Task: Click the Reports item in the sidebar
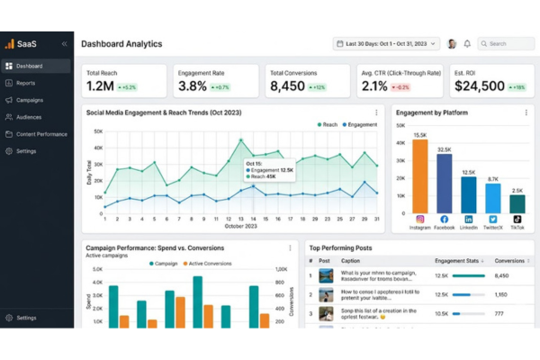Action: [25, 83]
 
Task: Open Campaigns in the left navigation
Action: [29, 100]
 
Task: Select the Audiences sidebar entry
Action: [29, 117]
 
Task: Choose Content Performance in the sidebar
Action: [40, 134]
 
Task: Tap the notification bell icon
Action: [467, 43]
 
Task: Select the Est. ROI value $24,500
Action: [478, 86]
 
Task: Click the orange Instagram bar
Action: [419, 176]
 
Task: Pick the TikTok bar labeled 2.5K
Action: [517, 205]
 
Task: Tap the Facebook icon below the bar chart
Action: [444, 219]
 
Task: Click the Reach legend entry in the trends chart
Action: [328, 124]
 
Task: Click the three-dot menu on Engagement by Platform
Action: [526, 112]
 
